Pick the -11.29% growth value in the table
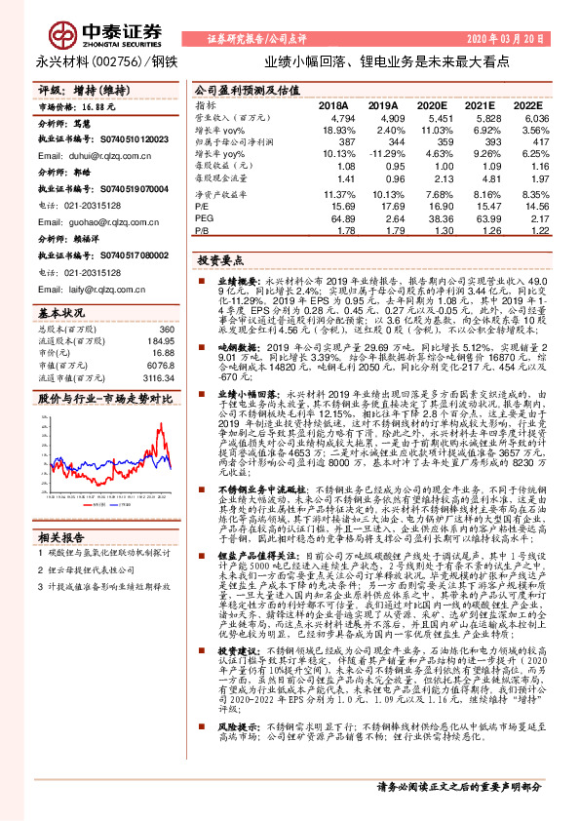coord(380,153)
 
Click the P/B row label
coord(202,231)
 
